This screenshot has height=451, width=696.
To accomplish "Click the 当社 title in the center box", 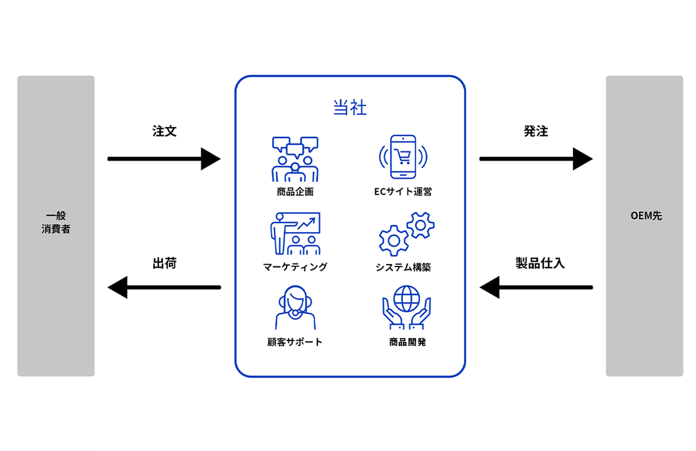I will (350, 108).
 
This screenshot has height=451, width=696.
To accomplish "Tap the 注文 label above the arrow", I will (164, 132).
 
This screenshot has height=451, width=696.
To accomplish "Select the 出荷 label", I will (164, 263).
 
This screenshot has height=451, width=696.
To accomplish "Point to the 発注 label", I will (536, 132).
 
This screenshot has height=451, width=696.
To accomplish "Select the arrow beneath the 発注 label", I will (536, 158).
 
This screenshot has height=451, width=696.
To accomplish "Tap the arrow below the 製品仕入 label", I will (536, 287).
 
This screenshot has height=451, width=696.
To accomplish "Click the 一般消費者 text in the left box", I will (56, 223).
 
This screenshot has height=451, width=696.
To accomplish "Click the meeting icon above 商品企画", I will (295, 159).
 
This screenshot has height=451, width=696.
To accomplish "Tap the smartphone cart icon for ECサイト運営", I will (402, 157).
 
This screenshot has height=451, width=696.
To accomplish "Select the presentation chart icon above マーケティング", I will (295, 234).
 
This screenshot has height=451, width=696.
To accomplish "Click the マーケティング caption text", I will (295, 267).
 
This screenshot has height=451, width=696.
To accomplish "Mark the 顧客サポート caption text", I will (295, 342).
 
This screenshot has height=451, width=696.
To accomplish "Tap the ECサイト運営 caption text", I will (403, 192).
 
